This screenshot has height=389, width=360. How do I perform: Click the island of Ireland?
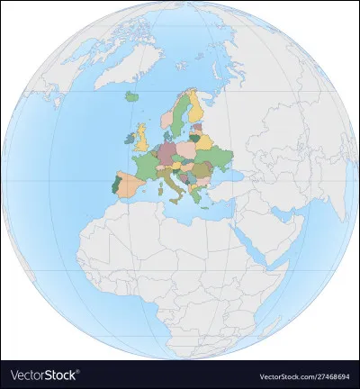click(126, 143)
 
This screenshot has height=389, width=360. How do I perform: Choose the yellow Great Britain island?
click(142, 138)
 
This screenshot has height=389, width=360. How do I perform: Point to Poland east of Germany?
click(189, 146)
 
